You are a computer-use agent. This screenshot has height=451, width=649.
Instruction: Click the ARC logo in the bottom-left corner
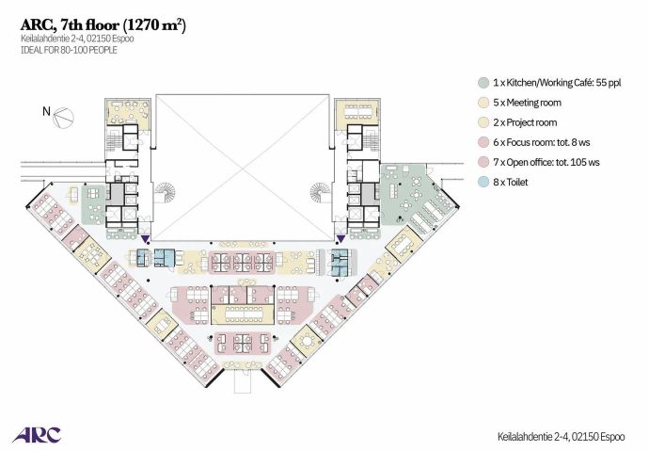click(37, 435)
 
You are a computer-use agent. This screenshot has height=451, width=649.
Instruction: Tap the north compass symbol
click(64, 117)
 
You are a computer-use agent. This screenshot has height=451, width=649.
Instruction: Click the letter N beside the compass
click(46, 111)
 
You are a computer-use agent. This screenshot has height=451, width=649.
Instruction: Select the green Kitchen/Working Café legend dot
click(483, 83)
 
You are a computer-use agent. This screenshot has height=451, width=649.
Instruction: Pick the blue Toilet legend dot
click(483, 183)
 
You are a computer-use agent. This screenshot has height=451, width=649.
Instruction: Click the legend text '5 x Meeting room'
click(527, 103)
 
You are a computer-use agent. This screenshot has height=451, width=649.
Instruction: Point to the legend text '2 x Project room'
click(525, 122)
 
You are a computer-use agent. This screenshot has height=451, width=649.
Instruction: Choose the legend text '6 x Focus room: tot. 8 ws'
click(542, 142)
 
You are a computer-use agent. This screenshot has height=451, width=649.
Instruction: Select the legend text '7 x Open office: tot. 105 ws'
click(546, 162)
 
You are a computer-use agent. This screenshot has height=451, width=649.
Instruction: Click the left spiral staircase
click(166, 193)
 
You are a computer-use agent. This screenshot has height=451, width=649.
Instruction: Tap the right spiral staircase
click(321, 193)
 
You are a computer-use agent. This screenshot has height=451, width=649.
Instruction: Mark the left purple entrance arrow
click(145, 238)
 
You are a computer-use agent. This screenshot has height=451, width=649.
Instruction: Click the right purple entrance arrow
click(340, 238)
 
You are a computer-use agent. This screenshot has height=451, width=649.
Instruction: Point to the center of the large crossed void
click(242, 168)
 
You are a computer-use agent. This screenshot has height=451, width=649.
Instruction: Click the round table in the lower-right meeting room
click(307, 342)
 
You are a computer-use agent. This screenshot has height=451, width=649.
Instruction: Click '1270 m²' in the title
click(154, 25)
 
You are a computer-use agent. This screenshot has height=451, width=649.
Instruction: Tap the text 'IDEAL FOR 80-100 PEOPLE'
click(69, 50)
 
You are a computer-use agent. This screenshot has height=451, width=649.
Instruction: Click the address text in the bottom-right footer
click(561, 437)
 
